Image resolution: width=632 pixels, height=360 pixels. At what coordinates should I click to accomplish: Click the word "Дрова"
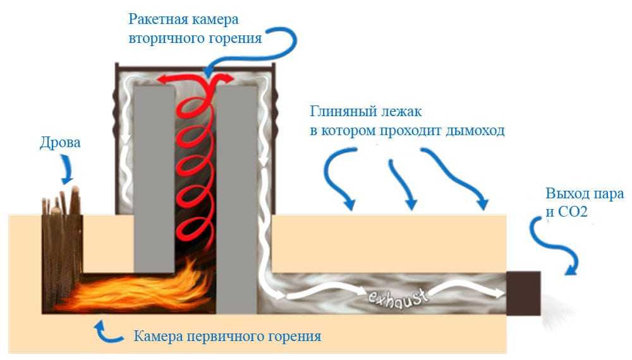point(60,143)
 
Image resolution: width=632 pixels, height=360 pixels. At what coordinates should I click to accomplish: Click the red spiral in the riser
point(196,164)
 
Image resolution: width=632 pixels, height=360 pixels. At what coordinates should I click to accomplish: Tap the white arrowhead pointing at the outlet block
point(498,293)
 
